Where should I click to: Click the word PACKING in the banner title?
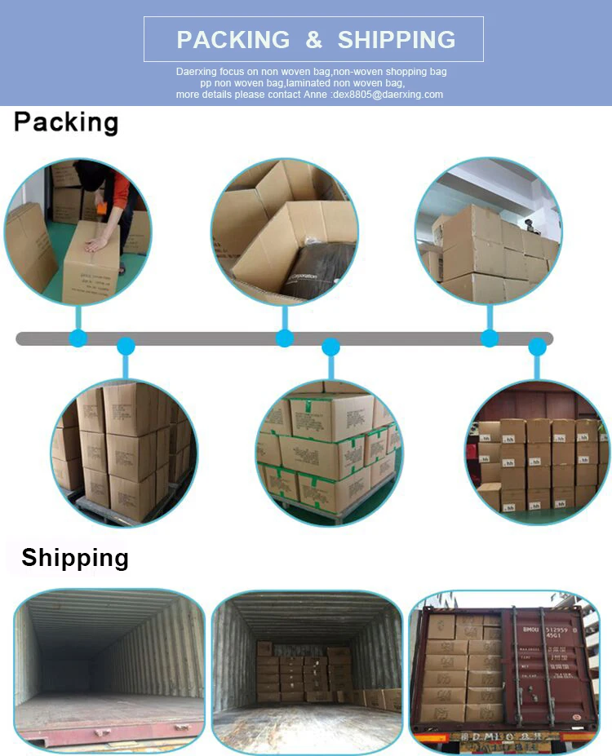click(233, 39)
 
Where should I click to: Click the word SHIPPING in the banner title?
click(397, 39)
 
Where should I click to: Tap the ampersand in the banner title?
click(314, 39)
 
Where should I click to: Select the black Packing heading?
click(66, 122)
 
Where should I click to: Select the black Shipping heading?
click(75, 558)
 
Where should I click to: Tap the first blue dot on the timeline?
click(78, 338)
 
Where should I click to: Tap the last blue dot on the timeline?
click(537, 347)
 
